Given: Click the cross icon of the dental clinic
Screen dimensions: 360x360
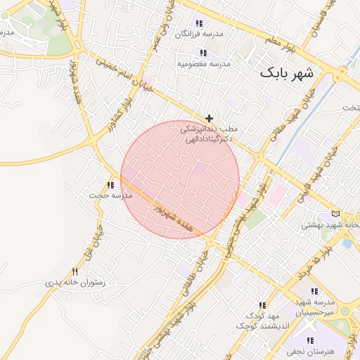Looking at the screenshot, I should coord(209,118).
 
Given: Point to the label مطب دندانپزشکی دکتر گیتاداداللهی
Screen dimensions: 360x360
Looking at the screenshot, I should coord(209,134).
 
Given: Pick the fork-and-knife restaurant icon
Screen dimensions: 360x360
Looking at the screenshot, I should coord(75,271).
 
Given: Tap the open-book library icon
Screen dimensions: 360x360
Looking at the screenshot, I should coord(335,214).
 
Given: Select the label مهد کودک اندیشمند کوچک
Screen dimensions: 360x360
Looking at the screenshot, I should coord(252,321).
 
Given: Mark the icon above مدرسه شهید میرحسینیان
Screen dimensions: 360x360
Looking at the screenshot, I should coord(314,291).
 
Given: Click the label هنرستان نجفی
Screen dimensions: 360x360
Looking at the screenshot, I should coord(312,351).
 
